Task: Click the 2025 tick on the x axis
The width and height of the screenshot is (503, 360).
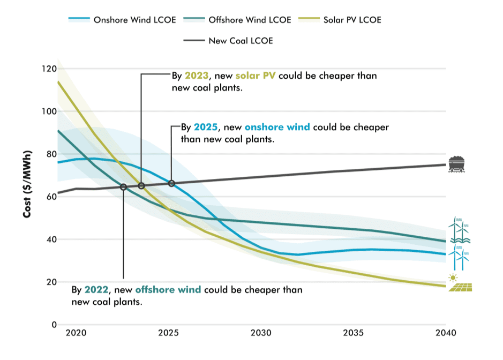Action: (168, 333)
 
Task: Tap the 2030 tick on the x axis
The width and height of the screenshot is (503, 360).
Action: (261, 333)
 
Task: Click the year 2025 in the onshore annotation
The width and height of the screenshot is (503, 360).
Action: (206, 127)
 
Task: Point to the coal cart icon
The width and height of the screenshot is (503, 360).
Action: (456, 164)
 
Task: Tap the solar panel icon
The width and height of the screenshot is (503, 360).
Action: (461, 288)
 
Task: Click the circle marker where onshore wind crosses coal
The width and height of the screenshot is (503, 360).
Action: (171, 183)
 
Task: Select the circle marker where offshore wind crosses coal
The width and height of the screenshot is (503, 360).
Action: (123, 187)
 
